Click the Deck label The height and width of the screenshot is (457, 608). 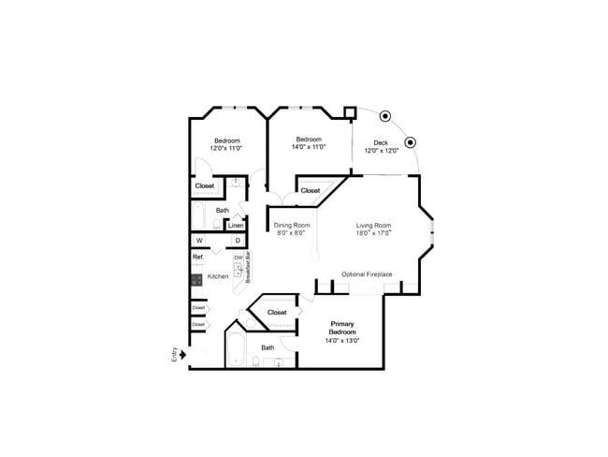tap(381, 143)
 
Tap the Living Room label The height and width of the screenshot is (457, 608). tap(373, 225)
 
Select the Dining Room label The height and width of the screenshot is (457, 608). tap(291, 225)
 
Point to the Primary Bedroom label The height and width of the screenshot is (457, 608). tap(342, 328)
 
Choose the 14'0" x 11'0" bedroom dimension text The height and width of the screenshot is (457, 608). tap(308, 147)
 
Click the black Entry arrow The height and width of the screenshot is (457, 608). tap(183, 354)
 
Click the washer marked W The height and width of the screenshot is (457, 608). tap(199, 241)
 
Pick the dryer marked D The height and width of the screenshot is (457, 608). tap(238, 241)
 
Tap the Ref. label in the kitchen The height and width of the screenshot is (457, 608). tap(198, 258)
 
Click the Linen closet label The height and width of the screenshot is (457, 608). tap(237, 226)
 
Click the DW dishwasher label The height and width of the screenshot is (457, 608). tap(239, 258)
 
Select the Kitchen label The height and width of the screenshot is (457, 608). tap(218, 276)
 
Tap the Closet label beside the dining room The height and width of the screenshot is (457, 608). tap(311, 191)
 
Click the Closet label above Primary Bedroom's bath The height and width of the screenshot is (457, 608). tap(277, 312)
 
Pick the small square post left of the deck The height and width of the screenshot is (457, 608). tap(351, 112)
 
